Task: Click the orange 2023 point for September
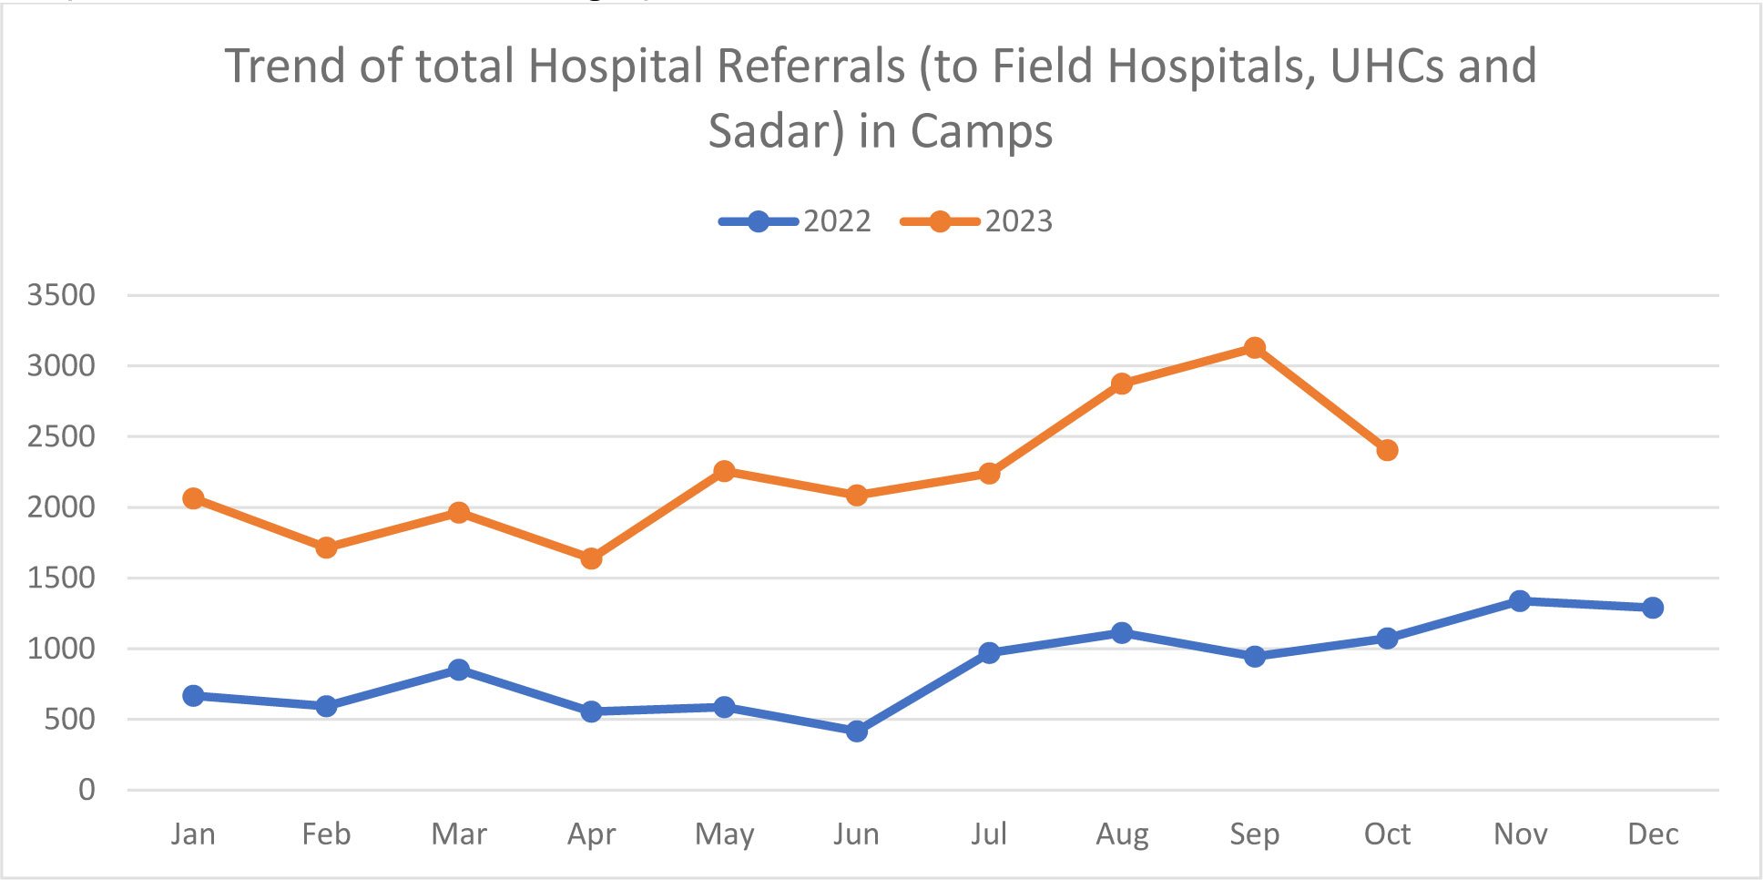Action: tap(1254, 347)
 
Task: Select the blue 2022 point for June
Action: tap(856, 731)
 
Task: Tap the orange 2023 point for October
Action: tap(1387, 450)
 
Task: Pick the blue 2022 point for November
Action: tap(1520, 600)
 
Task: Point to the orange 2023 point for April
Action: tap(591, 558)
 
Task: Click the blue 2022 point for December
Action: tap(1653, 608)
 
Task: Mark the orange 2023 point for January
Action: tap(193, 498)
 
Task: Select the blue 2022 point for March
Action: tap(459, 670)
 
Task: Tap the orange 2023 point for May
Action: tap(724, 471)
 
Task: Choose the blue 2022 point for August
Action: tap(1122, 632)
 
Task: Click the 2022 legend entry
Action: tap(795, 221)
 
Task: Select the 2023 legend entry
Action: tap(976, 221)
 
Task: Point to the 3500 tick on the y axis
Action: tap(61, 295)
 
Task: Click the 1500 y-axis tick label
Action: tap(61, 578)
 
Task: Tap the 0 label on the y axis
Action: tap(87, 790)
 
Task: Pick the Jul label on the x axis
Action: tap(989, 834)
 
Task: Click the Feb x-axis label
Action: tap(326, 834)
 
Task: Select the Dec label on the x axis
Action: tap(1653, 834)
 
